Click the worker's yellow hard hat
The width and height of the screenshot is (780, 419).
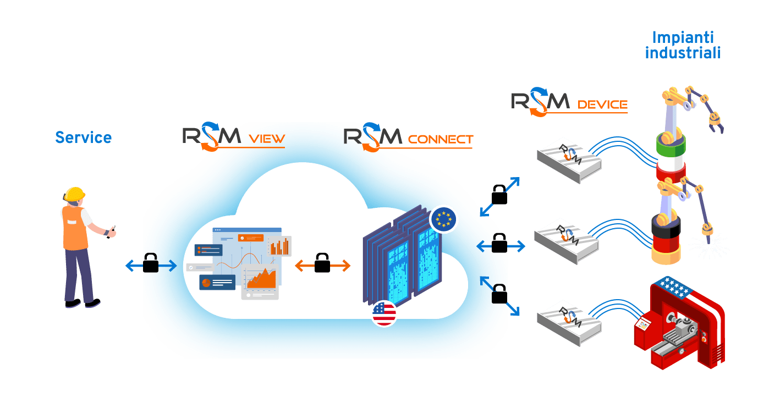coord(75,194)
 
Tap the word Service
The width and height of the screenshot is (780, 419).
coord(84,137)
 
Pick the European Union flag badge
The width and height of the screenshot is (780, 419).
coord(443,219)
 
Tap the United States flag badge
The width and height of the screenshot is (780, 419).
coord(384,313)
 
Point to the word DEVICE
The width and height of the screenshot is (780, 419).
coord(603,104)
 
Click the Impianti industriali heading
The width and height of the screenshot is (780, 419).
coord(683,45)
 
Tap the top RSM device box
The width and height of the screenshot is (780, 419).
coord(569,159)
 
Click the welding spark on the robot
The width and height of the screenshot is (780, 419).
coord(709,245)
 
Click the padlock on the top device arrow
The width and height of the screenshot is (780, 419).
coord(499,195)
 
